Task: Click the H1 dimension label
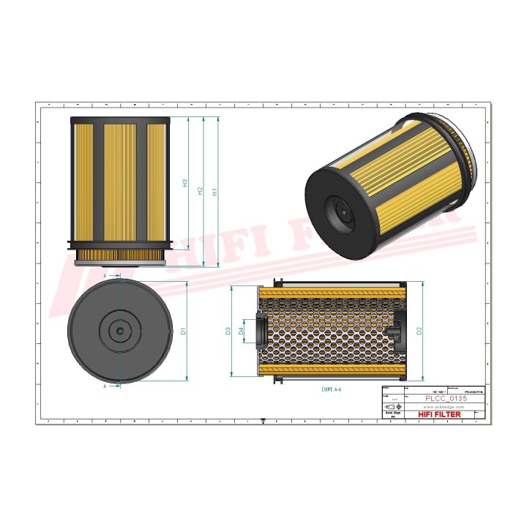(214, 193)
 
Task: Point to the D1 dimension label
(184, 330)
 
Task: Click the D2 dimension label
(418, 331)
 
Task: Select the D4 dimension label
(241, 332)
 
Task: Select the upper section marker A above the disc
(105, 276)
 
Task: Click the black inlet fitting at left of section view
(258, 331)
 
